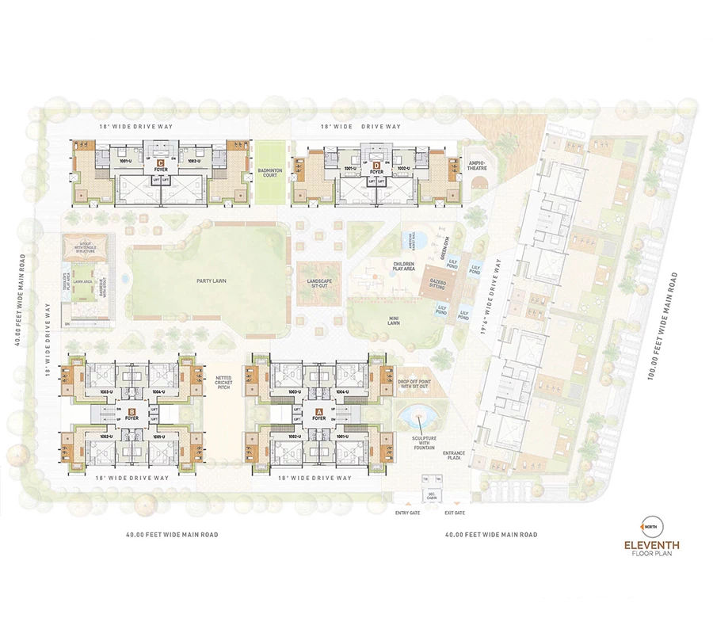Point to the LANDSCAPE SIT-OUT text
[x=318, y=284]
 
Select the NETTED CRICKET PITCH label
[x=224, y=383]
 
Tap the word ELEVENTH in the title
[x=651, y=545]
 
